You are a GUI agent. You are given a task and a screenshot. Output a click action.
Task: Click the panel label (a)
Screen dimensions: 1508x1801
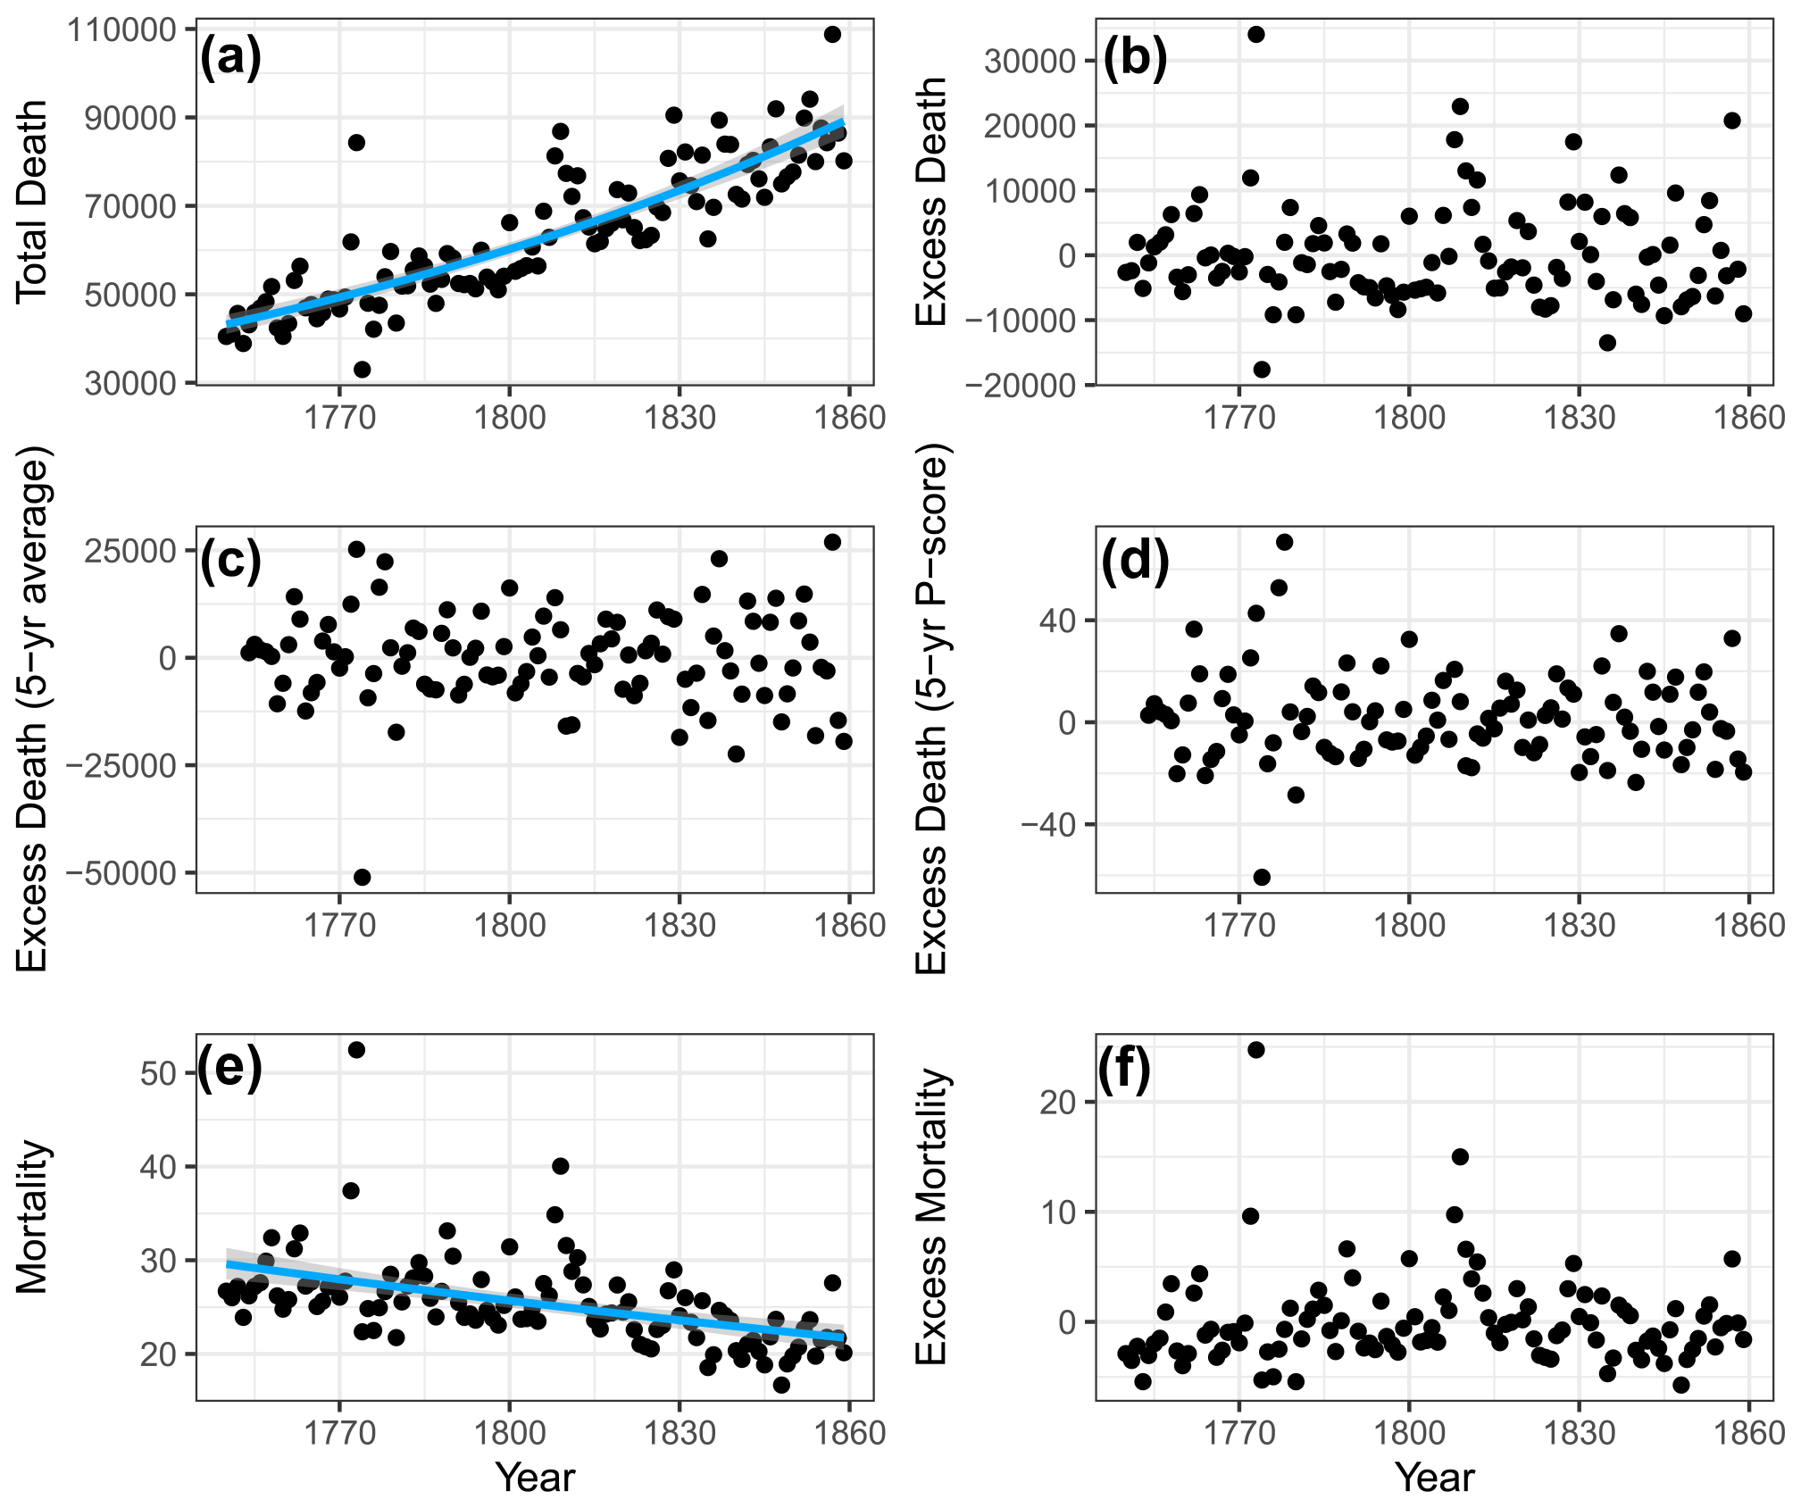230,58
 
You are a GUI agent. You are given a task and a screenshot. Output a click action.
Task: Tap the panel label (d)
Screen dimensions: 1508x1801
1135,562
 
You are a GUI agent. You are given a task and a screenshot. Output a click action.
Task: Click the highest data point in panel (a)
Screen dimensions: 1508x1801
832,35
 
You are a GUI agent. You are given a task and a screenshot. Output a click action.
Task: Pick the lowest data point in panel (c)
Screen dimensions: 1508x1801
362,877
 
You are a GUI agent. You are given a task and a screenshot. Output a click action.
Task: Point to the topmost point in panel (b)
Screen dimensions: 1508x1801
1255,35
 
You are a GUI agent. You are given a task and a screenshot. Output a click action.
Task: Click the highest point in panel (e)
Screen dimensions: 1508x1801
356,1050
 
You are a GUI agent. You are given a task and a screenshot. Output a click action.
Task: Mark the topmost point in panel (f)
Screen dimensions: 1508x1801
1255,1050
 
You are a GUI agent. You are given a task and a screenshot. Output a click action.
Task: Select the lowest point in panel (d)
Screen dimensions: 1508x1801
1262,877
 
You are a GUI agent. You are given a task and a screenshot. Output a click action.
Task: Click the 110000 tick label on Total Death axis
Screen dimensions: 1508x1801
121,30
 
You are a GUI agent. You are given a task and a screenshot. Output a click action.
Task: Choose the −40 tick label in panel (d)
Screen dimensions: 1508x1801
1049,825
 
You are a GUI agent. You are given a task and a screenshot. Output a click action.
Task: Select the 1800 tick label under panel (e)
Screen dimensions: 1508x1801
509,1433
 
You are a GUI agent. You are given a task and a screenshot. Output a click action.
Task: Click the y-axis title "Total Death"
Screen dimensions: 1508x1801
32,202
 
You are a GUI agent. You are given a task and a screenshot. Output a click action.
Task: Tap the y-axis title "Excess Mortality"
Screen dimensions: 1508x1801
931,1216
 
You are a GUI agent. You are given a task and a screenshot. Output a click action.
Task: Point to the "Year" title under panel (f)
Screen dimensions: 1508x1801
1434,1478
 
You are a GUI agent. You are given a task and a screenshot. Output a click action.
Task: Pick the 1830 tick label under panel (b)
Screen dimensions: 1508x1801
1579,418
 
